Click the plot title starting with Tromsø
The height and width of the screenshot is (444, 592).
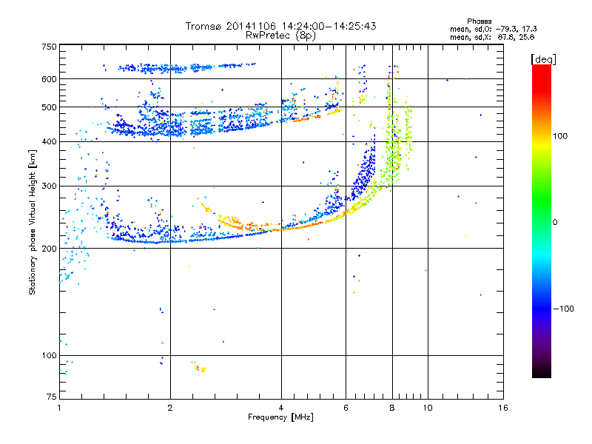pyautogui.click(x=280, y=26)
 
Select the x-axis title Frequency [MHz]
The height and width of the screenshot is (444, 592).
pyautogui.click(x=280, y=417)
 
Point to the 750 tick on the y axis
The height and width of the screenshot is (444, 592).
pyautogui.click(x=50, y=47)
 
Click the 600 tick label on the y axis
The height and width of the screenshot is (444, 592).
pyautogui.click(x=50, y=78)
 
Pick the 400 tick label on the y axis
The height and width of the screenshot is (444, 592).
pyautogui.click(x=50, y=141)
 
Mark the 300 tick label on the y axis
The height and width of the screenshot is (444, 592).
pyautogui.click(x=50, y=186)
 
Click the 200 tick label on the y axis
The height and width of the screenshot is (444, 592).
pyautogui.click(x=50, y=249)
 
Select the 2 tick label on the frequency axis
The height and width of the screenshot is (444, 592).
pyautogui.click(x=170, y=408)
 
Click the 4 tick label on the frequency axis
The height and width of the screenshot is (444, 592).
pyautogui.click(x=281, y=408)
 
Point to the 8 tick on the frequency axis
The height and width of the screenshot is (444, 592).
pyautogui.click(x=392, y=408)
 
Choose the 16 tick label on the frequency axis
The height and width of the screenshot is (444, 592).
pyautogui.click(x=502, y=408)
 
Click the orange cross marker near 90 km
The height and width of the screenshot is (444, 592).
pyautogui.click(x=203, y=369)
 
